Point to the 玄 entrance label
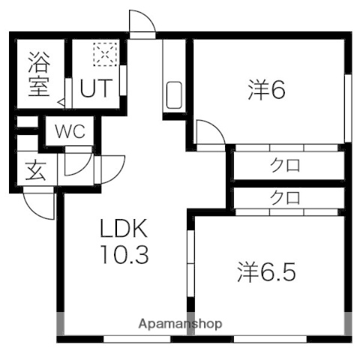click(x=36, y=170)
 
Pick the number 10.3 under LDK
click(x=125, y=255)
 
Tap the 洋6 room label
click(x=266, y=89)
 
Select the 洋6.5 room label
click(x=268, y=271)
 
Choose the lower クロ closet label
click(x=285, y=199)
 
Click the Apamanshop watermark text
click(x=180, y=324)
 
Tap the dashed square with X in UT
click(x=101, y=54)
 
